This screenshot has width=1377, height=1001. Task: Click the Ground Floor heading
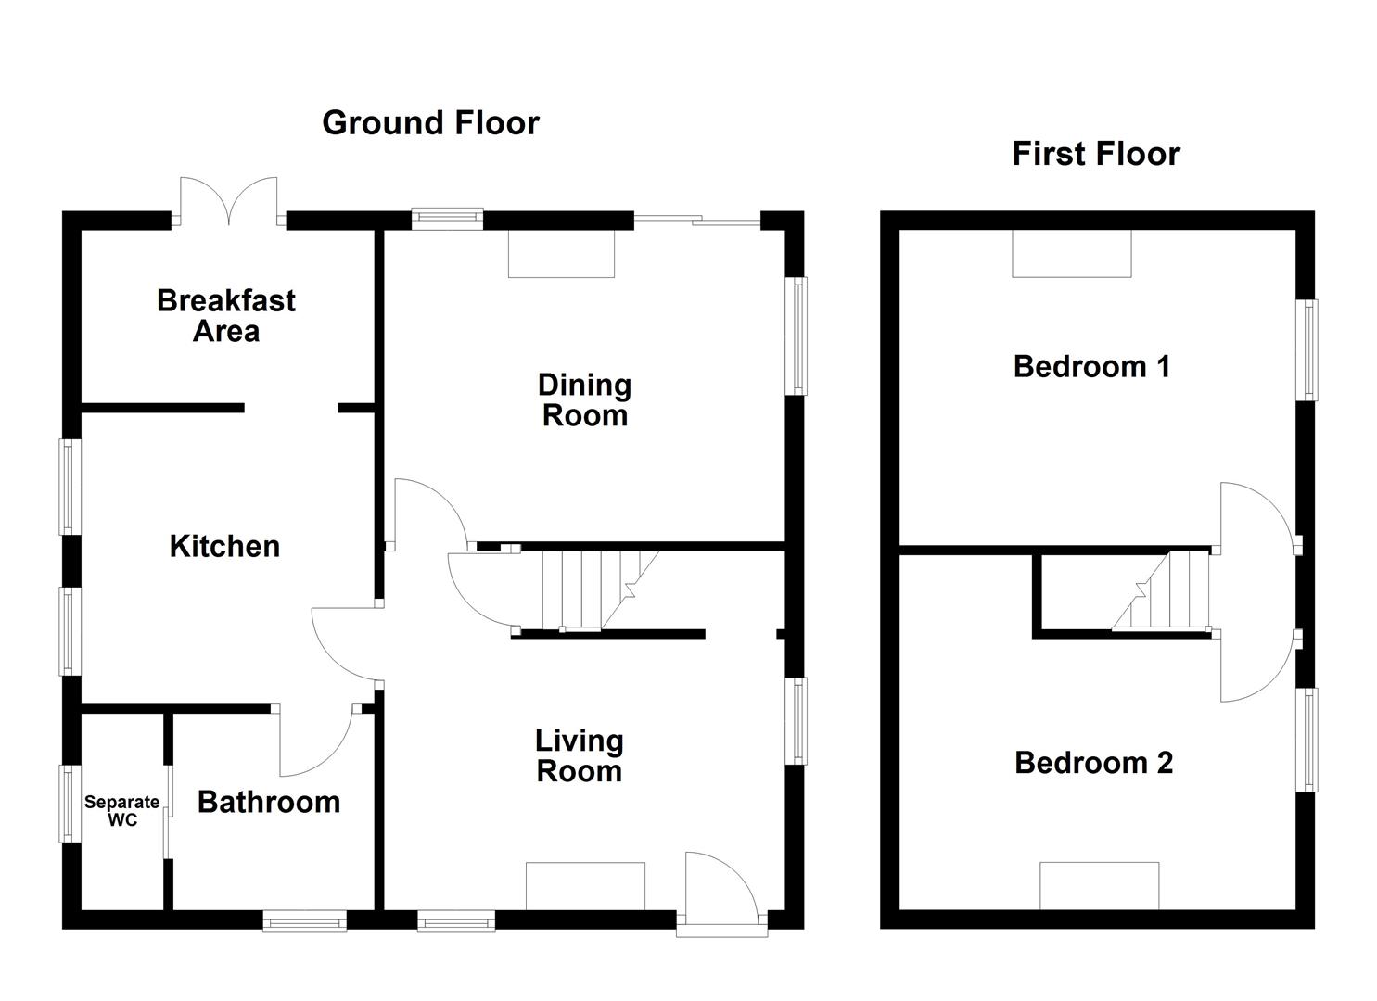coord(430,122)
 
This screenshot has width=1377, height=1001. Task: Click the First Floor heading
coord(1095,153)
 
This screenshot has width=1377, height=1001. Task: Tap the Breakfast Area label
coord(225,315)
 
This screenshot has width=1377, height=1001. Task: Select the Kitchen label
coord(224,546)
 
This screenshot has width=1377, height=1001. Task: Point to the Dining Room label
coord(584,399)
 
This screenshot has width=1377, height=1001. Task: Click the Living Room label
coord(580,755)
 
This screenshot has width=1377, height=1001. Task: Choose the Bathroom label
coord(269,802)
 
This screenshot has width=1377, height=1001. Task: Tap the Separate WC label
coord(121,811)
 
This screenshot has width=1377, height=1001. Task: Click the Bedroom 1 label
coord(1091,366)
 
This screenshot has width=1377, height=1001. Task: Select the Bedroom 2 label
coord(1093,763)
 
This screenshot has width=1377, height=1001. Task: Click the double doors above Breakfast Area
coord(228,201)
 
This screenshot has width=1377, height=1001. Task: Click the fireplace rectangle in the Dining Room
coord(561,253)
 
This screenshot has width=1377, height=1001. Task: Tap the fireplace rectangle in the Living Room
coord(584,886)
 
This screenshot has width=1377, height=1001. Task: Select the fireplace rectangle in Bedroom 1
coord(1071,253)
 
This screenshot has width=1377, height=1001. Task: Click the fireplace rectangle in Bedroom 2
coord(1099,886)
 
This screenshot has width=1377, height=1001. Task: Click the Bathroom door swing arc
coord(315,741)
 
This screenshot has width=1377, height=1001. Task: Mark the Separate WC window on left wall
coord(69,804)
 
